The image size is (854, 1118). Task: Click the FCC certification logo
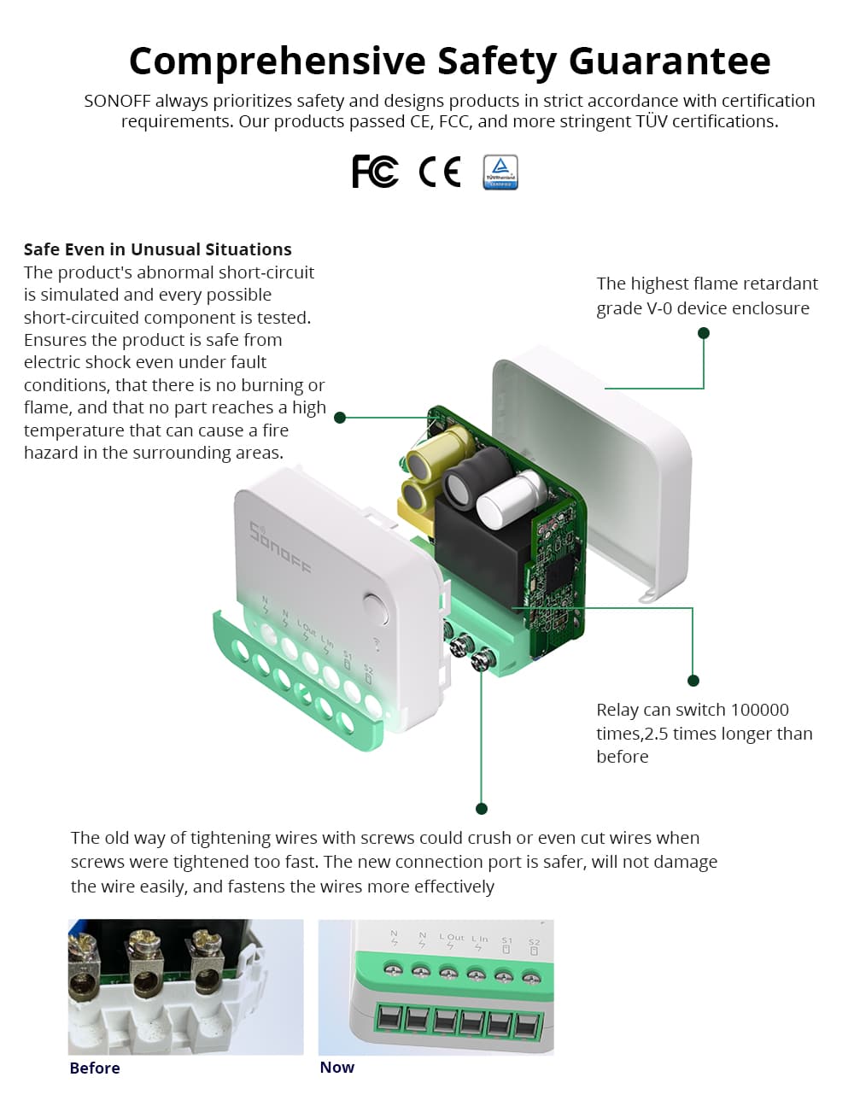[x=375, y=172]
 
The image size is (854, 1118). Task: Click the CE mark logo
[x=440, y=172]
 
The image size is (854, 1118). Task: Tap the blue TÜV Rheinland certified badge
[x=500, y=172]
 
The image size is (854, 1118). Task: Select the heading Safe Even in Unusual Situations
[x=157, y=249]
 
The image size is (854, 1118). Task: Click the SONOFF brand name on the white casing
[x=280, y=547]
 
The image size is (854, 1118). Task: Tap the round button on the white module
[x=376, y=607]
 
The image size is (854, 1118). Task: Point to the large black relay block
[x=478, y=547]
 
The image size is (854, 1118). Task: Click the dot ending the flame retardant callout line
[x=704, y=333]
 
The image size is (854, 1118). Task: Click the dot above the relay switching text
[x=693, y=681]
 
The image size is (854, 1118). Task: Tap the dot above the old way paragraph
[x=482, y=809]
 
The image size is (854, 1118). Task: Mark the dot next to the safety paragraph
[x=340, y=418]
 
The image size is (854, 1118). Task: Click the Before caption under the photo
[x=95, y=1068]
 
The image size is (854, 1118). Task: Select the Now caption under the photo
[x=336, y=1068]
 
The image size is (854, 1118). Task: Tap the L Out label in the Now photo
[x=452, y=937]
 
